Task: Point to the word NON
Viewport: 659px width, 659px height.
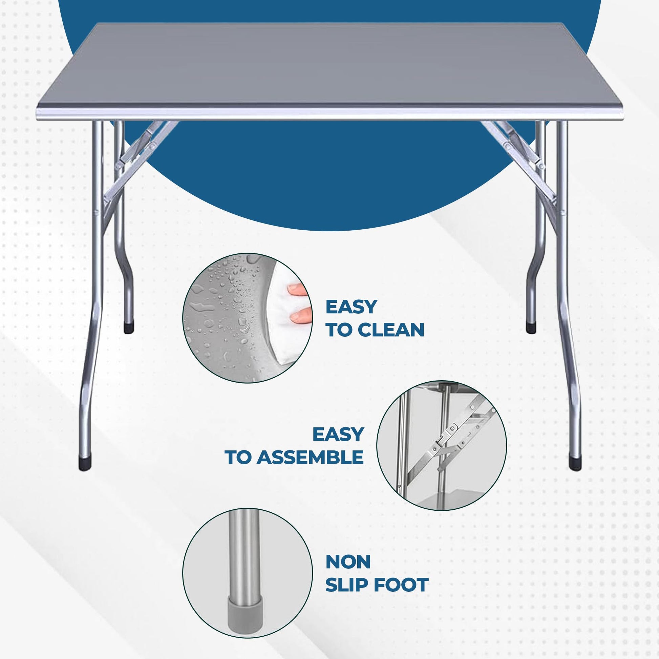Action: click(348, 562)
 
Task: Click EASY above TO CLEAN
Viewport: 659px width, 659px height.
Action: click(351, 307)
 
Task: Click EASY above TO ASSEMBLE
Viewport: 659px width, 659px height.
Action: click(338, 434)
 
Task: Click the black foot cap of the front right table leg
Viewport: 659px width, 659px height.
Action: click(576, 463)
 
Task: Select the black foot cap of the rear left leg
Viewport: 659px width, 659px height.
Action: click(129, 328)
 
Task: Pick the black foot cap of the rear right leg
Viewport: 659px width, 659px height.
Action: click(531, 328)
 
